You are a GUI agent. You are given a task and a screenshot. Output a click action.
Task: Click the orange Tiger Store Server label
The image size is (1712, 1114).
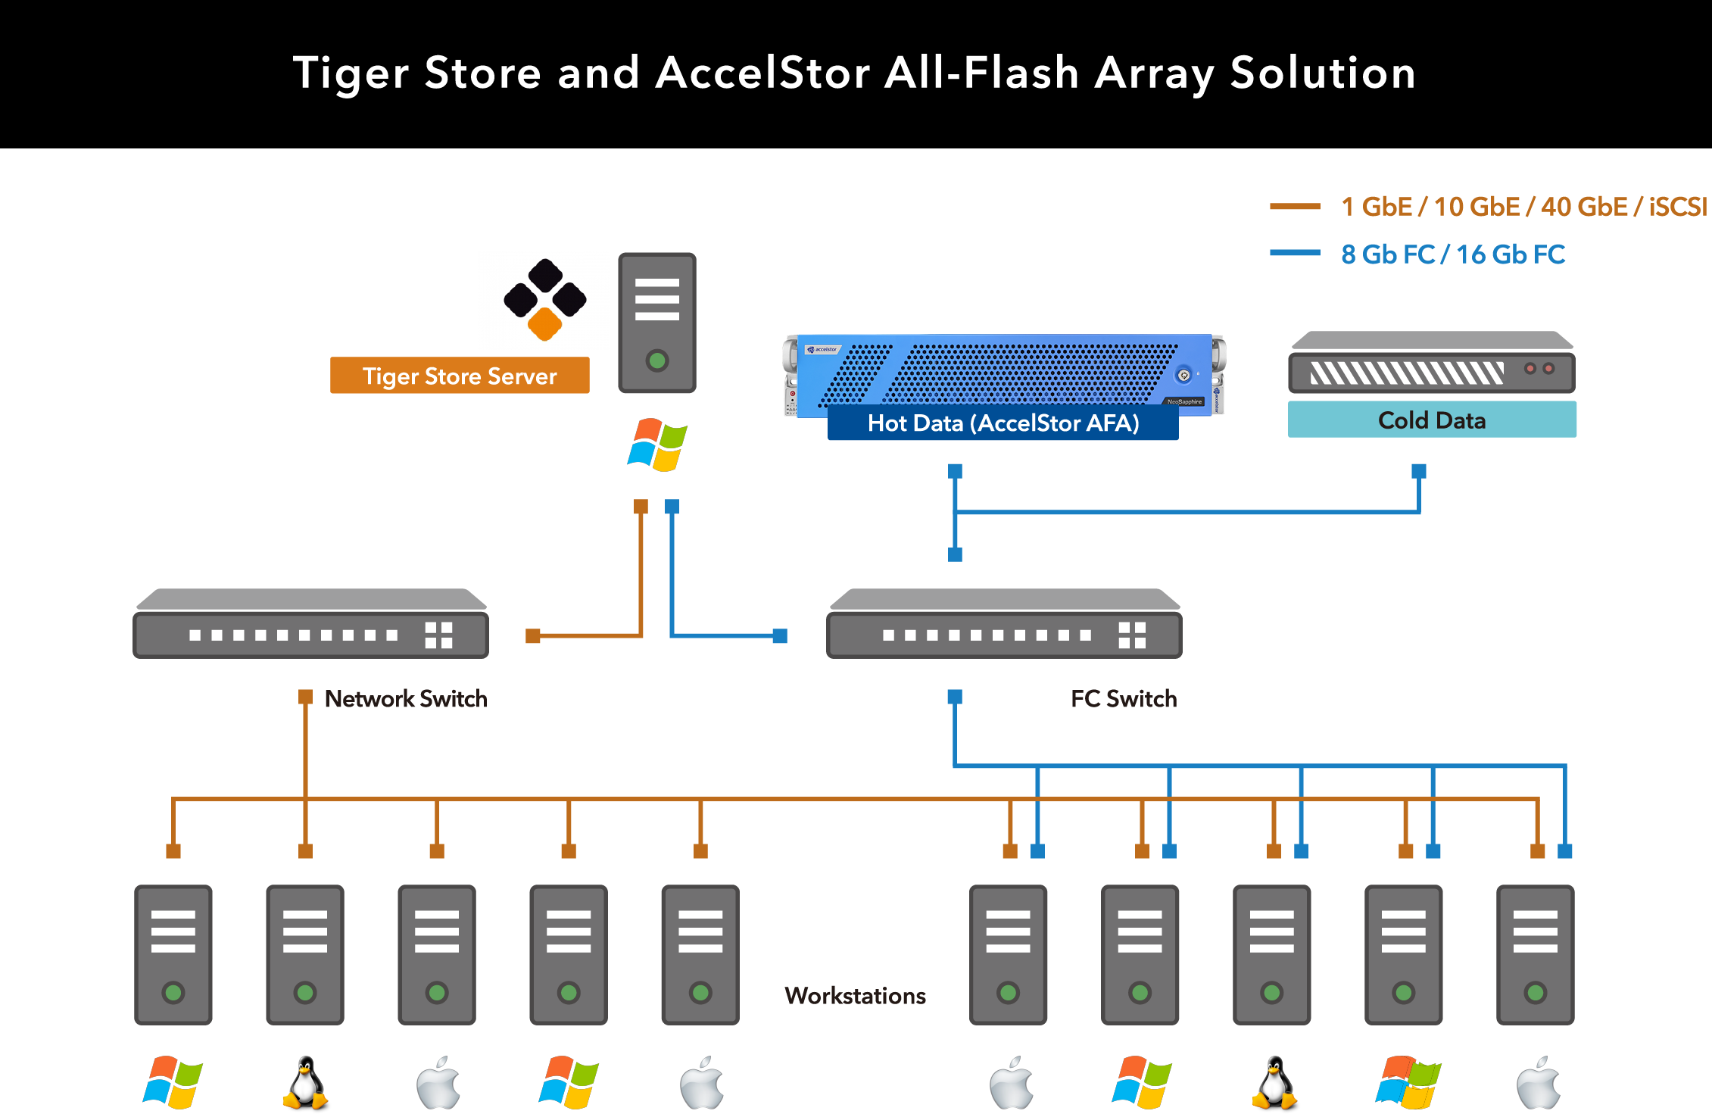point(460,376)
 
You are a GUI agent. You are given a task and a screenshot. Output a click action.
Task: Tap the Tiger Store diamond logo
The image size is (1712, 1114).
point(545,300)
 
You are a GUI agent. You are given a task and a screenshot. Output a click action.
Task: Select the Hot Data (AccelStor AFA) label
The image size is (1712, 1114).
point(1003,423)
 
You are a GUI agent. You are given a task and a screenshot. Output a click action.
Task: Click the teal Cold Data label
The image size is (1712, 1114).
point(1432,420)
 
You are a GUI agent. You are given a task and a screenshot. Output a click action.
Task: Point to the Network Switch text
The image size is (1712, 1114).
point(405,698)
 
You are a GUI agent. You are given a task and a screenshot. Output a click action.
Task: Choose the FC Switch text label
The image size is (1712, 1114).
point(1124,698)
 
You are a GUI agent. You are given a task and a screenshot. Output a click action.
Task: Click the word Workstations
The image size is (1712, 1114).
point(855,995)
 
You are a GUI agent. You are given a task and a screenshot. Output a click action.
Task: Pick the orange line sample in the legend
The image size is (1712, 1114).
point(1295,206)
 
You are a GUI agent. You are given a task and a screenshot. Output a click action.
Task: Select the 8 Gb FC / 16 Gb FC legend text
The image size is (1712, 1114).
point(1452,254)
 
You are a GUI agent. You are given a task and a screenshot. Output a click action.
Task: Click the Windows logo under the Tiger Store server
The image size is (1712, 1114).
point(657,445)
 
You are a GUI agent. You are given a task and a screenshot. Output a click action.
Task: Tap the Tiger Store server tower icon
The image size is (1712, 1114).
point(657,323)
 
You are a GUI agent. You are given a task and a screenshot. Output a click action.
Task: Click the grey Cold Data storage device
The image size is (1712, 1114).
point(1431,363)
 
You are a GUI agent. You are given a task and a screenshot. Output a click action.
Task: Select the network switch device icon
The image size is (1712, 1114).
point(310,624)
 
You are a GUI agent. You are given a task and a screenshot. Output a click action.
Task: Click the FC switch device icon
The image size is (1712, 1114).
point(1004,624)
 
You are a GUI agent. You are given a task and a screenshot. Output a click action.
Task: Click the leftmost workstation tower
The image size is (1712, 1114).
point(173,954)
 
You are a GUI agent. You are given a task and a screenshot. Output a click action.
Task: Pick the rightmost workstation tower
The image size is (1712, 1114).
point(1535,954)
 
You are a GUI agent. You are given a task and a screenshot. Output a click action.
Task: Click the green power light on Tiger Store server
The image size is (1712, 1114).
point(657,360)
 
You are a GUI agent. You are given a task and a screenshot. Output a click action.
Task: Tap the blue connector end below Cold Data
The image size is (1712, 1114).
point(1419,471)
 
